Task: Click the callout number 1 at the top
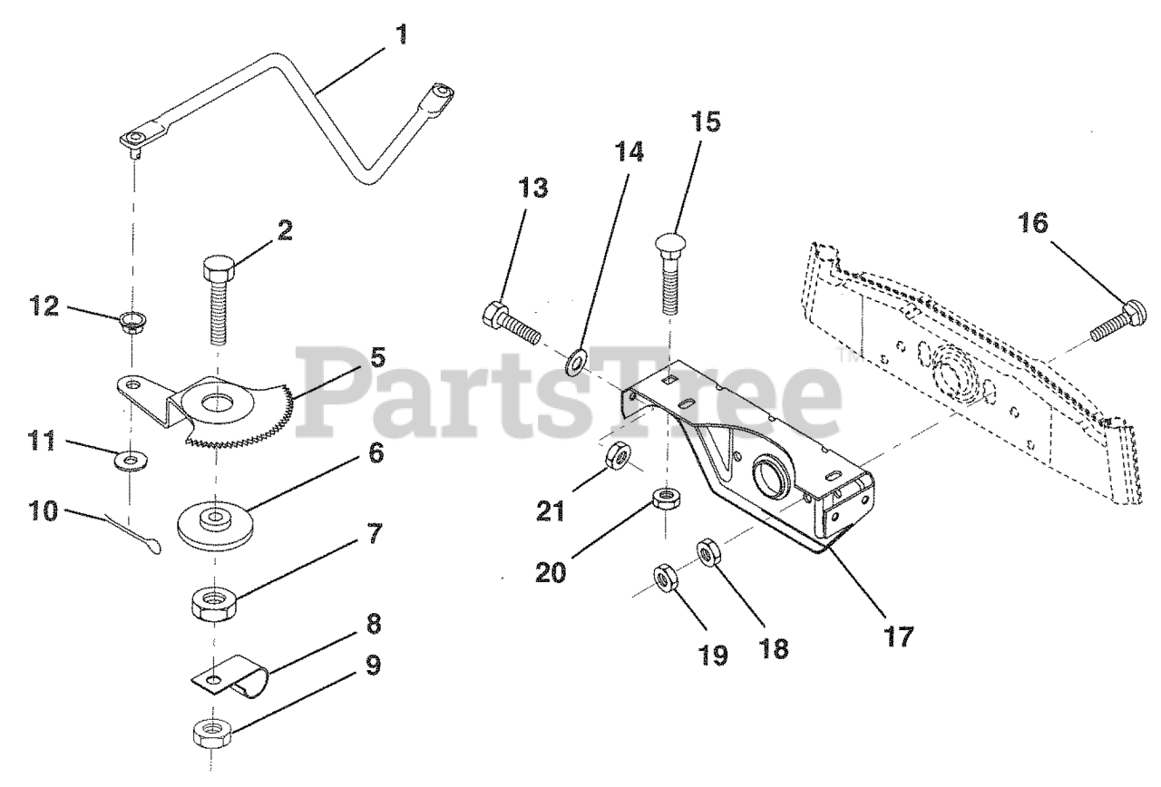point(403,36)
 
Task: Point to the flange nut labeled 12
point(133,321)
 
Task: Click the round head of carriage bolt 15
point(669,243)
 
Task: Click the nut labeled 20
point(668,498)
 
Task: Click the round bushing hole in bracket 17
point(769,474)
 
